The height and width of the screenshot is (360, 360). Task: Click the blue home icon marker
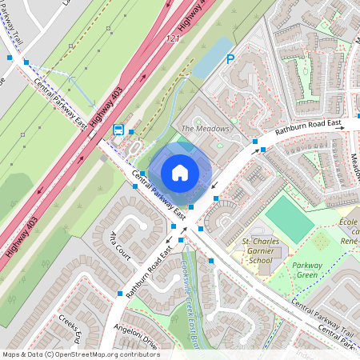180,173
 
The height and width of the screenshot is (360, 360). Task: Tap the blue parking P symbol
230,58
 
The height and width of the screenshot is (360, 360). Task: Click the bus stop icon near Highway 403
118,130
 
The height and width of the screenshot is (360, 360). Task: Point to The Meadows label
205,129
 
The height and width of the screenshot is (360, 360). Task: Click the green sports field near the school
290,218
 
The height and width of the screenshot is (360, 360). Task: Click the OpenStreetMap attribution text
81,354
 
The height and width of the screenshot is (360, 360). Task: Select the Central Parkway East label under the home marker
157,195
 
